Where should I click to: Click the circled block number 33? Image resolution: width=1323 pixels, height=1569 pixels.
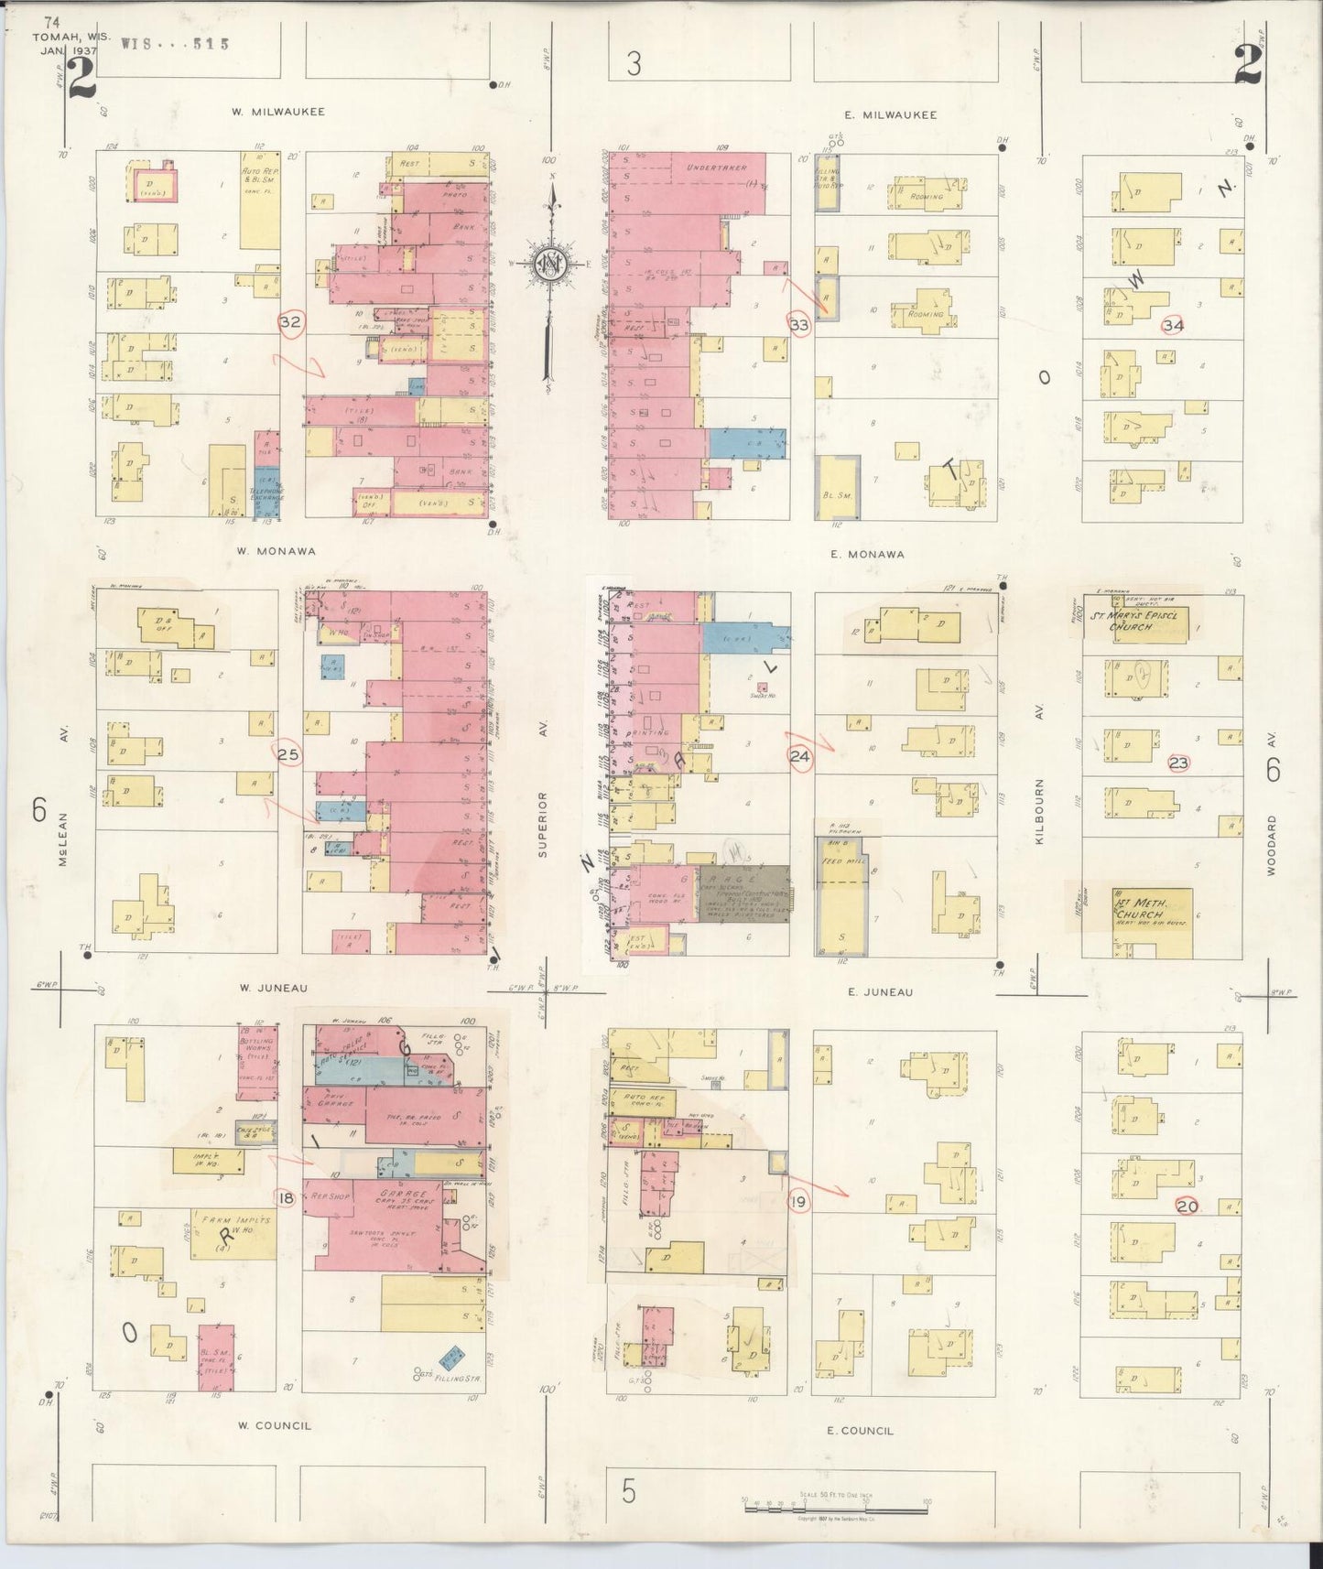pos(798,324)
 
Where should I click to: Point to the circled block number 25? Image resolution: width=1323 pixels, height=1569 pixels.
pos(288,754)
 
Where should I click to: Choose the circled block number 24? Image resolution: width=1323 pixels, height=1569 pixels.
pos(798,756)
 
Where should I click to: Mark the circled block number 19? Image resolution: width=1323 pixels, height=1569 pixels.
pos(798,1201)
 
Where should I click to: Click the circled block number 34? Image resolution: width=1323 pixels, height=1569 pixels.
pos(1173,325)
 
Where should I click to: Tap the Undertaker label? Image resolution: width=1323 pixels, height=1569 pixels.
pos(717,167)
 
